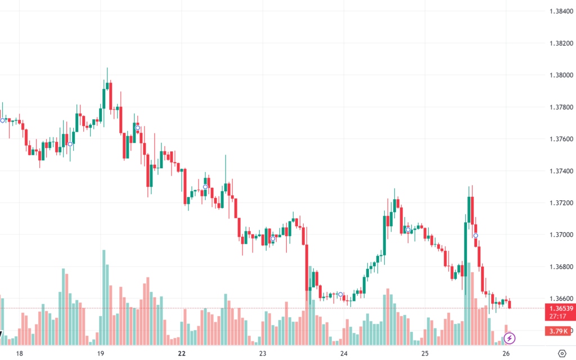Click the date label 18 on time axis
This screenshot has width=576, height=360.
coord(20,353)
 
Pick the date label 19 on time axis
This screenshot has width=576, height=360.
coord(101,353)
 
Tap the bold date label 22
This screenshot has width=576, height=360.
coord(182,353)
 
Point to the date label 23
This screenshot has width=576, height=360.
coord(263,353)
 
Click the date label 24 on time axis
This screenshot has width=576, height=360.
coord(344,353)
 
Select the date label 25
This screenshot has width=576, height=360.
coord(425,353)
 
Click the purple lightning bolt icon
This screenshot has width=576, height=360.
coord(509,338)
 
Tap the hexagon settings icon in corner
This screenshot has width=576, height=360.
coord(561,353)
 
